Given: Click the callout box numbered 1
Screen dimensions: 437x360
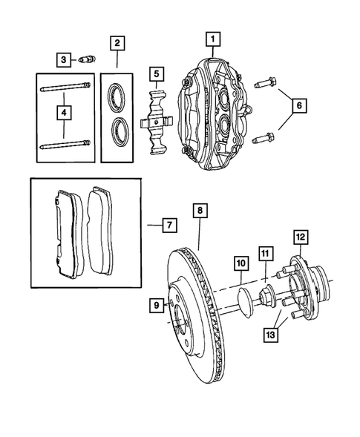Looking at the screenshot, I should coord(213,38).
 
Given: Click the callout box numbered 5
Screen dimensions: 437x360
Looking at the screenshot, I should coord(156,73).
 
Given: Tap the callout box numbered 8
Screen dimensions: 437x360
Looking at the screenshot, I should coord(200,211).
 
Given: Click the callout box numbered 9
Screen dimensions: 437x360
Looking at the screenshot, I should coord(157,303).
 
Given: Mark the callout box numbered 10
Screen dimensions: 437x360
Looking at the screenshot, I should coord(240,263).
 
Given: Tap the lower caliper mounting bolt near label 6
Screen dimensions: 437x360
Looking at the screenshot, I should coord(264,137).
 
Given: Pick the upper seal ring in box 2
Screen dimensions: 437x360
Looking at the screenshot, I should coord(117,94).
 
